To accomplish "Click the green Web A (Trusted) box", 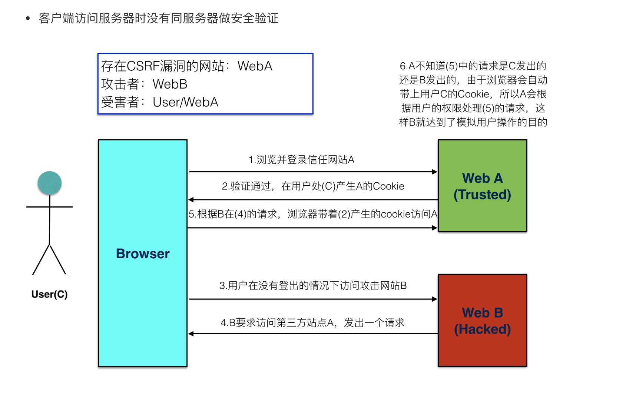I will point(482,186).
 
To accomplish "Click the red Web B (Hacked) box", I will point(482,321).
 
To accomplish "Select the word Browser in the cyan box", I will point(143,254).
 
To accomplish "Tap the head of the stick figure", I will point(49,183).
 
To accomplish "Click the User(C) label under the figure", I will point(49,294).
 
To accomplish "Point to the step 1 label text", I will point(301,160).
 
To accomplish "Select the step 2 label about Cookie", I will point(313,186).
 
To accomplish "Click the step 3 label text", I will point(313,285).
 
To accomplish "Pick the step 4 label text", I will point(312,323).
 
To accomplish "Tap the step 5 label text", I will point(313,214).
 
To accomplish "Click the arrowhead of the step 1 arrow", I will point(435,172).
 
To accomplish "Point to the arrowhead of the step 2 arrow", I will point(191,200).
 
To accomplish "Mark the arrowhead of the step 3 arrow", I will point(435,299).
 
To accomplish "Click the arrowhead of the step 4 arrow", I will point(191,334).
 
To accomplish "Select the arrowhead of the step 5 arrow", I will point(435,228).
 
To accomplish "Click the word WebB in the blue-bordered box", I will point(170,84).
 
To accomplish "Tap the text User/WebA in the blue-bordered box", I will point(185,102).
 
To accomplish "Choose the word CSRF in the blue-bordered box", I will point(143,66).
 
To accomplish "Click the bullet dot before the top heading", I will point(28,18).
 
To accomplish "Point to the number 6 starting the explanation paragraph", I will point(403,66).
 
